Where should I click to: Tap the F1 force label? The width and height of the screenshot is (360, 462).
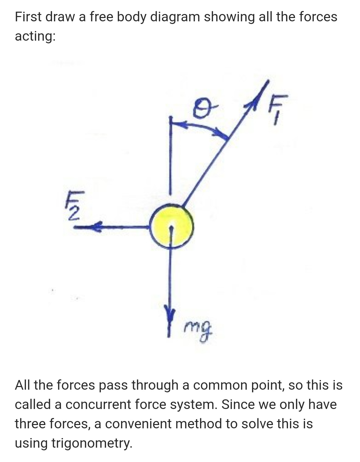tap(278, 109)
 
